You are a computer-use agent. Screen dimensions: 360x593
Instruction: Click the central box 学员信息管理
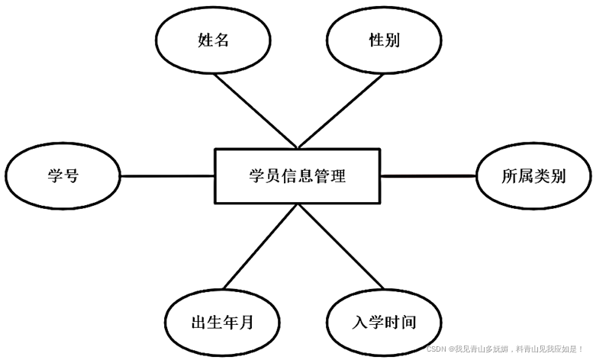[x=297, y=176]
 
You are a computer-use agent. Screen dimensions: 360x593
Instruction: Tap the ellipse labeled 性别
[x=383, y=40]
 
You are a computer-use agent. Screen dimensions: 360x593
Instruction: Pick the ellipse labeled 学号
[x=63, y=176]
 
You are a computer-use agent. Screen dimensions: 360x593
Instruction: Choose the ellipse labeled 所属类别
[x=533, y=176]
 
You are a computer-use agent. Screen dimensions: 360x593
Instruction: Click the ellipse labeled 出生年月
[x=221, y=321]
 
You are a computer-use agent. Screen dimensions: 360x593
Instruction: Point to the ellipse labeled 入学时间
[x=383, y=321]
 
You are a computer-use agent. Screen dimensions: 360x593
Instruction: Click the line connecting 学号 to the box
[x=168, y=176]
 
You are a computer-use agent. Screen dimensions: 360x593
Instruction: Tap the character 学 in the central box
[x=257, y=176]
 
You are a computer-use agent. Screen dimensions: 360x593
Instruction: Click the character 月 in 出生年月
[x=246, y=321]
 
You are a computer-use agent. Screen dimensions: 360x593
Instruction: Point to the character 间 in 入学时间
[x=408, y=321]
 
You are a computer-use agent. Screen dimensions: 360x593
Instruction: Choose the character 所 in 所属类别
[x=509, y=176]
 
